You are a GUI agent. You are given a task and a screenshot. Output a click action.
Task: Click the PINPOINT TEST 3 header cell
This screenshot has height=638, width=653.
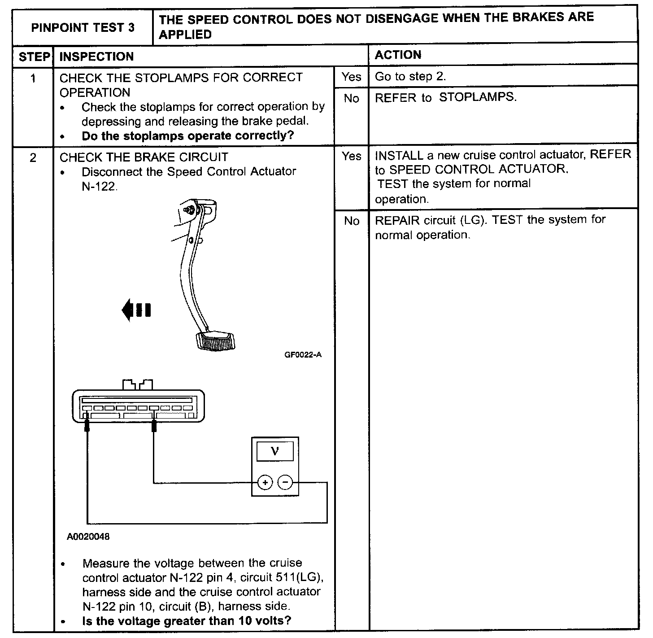pyautogui.click(x=83, y=28)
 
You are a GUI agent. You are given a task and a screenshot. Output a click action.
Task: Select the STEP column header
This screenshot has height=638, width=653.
pyautogui.click(x=34, y=57)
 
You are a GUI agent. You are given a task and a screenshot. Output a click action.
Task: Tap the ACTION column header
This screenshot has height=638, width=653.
pyautogui.click(x=398, y=55)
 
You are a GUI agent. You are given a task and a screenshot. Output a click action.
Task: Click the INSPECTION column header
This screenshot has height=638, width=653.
pyautogui.click(x=96, y=57)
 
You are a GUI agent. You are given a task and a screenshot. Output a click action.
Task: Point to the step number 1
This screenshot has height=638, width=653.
pyautogui.click(x=33, y=79)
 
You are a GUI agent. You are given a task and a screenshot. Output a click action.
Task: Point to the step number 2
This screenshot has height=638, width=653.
pyautogui.click(x=33, y=158)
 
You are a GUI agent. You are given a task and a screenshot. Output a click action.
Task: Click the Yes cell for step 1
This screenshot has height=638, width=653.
pyautogui.click(x=351, y=77)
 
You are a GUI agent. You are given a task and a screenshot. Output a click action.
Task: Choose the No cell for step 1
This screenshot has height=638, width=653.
pyautogui.click(x=351, y=99)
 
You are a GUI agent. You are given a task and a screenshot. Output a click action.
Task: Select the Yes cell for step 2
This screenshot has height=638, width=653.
pyautogui.click(x=351, y=156)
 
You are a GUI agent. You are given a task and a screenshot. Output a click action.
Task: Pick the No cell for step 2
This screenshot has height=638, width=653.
pyautogui.click(x=351, y=221)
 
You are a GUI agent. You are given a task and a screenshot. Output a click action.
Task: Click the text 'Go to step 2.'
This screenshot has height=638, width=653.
pyautogui.click(x=410, y=77)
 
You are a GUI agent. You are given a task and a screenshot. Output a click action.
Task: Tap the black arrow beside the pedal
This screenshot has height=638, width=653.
pyautogui.click(x=136, y=310)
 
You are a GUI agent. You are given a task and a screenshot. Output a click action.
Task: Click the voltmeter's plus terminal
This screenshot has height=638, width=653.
pyautogui.click(x=265, y=483)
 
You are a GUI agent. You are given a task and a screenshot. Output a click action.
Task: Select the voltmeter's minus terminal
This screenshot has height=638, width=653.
pyautogui.click(x=285, y=483)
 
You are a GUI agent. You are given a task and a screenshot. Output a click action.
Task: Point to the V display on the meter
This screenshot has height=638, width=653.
pyautogui.click(x=275, y=452)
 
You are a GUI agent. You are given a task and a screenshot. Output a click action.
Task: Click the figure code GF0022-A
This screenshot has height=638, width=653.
pyautogui.click(x=303, y=355)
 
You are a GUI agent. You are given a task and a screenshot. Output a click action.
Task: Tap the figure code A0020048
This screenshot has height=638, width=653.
pyautogui.click(x=88, y=536)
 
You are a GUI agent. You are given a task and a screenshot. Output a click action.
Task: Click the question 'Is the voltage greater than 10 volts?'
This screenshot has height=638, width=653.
pyautogui.click(x=187, y=621)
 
